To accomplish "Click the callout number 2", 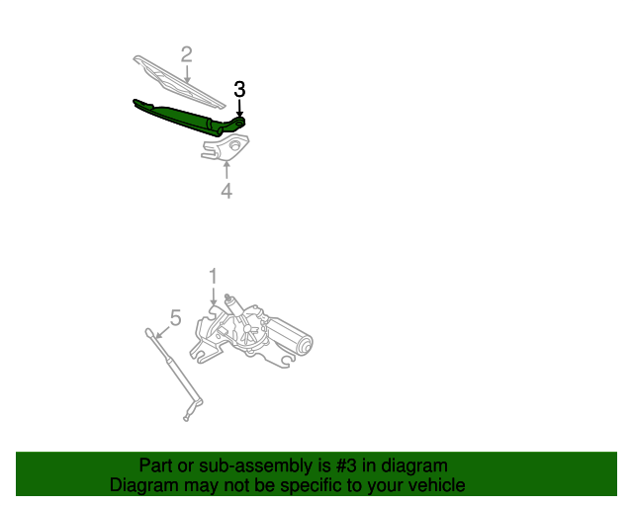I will click(x=186, y=54).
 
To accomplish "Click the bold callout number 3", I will click(x=239, y=89).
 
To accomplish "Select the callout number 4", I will click(x=226, y=191).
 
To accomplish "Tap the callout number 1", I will click(x=213, y=276).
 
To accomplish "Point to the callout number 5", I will click(x=175, y=317).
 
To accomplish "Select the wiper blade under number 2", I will click(x=178, y=79).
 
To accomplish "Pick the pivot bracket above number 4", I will click(x=226, y=147).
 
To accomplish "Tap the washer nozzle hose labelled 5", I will click(x=174, y=376).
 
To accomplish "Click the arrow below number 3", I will click(x=239, y=109).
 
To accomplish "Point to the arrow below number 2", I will click(x=186, y=73).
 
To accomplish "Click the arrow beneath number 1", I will click(x=213, y=296).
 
